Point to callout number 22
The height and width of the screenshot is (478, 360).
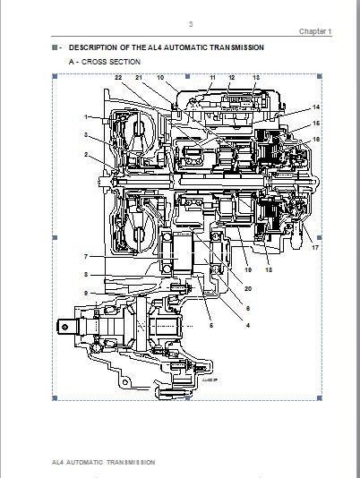pos(118,79)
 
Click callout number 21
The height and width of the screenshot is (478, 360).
pos(139,79)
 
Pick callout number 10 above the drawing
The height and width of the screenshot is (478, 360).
pos(160,79)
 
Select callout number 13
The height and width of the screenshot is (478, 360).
pos(256,79)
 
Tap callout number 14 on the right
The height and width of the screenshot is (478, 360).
pos(316,107)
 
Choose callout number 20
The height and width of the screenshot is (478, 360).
pos(248,288)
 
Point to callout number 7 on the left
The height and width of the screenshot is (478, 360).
pos(88,257)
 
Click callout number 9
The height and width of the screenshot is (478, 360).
pos(88,293)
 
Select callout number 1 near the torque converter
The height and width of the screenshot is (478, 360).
pos(88,117)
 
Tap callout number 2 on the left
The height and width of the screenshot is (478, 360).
pos(88,154)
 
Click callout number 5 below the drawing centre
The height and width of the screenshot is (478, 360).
pos(212,326)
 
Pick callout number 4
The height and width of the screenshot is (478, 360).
pos(248,326)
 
